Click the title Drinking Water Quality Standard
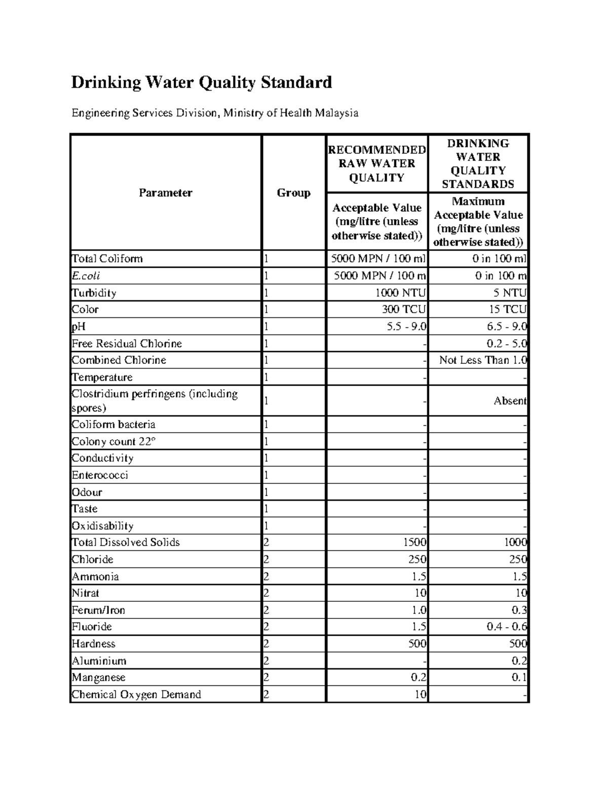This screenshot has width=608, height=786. [x=201, y=82]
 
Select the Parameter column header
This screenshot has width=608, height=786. [x=165, y=193]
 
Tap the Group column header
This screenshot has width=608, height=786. [x=293, y=193]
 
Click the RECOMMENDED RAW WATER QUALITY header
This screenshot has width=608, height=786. [x=376, y=163]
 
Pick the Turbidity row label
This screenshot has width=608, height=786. [x=94, y=293]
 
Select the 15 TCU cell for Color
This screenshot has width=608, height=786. [x=507, y=309]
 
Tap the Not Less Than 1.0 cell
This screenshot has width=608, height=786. [x=483, y=360]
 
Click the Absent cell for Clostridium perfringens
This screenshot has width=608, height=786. [x=510, y=400]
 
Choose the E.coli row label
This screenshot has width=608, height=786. [x=86, y=275]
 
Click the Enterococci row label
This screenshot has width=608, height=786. [x=100, y=475]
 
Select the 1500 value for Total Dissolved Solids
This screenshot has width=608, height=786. [x=414, y=542]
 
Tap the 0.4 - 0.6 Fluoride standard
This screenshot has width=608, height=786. [x=506, y=627]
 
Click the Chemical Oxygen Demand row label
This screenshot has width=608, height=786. [x=136, y=694]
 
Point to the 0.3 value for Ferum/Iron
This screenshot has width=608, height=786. [x=519, y=610]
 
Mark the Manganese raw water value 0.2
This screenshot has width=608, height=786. [x=419, y=677]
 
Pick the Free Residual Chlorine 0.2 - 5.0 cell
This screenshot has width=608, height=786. [x=506, y=343]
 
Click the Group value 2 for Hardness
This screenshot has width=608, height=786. [x=267, y=644]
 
